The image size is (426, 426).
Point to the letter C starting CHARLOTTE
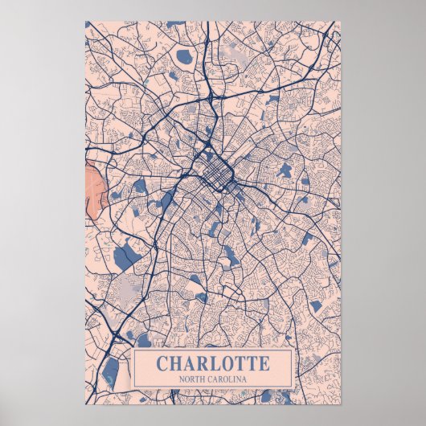coord(162,363)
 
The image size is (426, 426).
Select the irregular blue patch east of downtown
coord(283,171)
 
